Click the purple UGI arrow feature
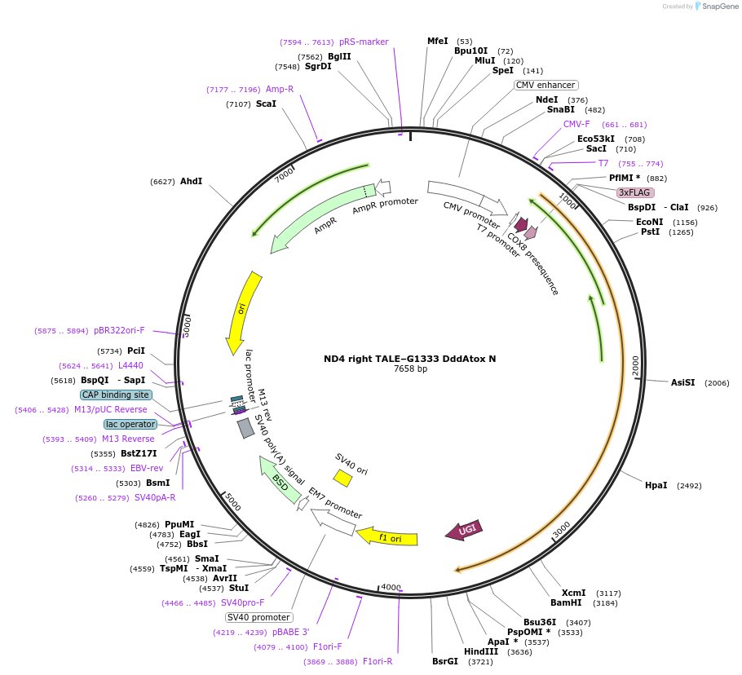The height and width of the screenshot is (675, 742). [464, 530]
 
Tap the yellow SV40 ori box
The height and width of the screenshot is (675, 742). [342, 478]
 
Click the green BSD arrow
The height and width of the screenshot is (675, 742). [278, 479]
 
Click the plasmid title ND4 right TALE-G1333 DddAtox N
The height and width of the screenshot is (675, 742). [409, 359]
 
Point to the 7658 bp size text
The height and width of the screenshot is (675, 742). [410, 369]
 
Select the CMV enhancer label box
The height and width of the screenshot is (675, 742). [545, 85]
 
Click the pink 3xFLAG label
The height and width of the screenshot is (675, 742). [634, 192]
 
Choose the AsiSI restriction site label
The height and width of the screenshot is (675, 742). [682, 382]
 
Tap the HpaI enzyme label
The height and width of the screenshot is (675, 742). [656, 485]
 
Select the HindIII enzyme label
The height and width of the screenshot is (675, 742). [481, 651]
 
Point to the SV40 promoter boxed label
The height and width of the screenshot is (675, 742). [258, 617]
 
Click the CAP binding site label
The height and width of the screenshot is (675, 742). [115, 395]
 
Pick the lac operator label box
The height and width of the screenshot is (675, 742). [130, 424]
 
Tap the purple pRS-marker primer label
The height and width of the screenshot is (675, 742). [364, 42]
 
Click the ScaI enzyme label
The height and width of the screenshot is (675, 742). [266, 104]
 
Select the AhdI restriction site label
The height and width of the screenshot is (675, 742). [191, 182]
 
